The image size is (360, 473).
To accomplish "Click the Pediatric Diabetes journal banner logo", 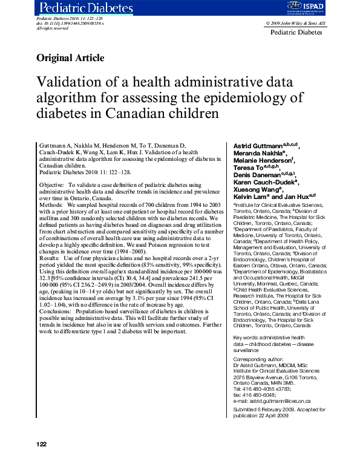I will coord(86,8).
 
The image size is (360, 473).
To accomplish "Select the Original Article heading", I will coord(70,58).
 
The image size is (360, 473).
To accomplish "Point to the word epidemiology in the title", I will coord(257,98).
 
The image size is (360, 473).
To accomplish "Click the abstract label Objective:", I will coord(51,183).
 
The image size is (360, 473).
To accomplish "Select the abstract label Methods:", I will coord(51,205).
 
